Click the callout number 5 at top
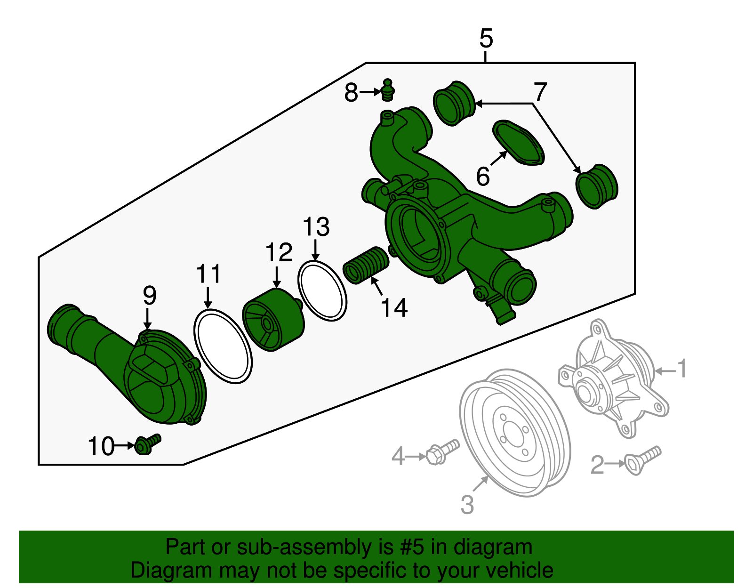tap(486, 39)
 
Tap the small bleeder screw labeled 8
tap(387, 90)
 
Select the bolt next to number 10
tap(146, 444)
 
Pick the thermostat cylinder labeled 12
tap(273, 320)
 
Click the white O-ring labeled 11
tap(223, 346)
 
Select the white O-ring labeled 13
tap(322, 291)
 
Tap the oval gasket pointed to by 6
tap(518, 143)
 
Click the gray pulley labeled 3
tap(515, 433)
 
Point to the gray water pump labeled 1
tap(612, 377)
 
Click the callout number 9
tap(149, 296)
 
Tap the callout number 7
tap(540, 91)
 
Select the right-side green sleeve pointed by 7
tap(597, 186)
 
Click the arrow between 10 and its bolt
tap(125, 445)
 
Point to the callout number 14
tap(393, 308)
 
